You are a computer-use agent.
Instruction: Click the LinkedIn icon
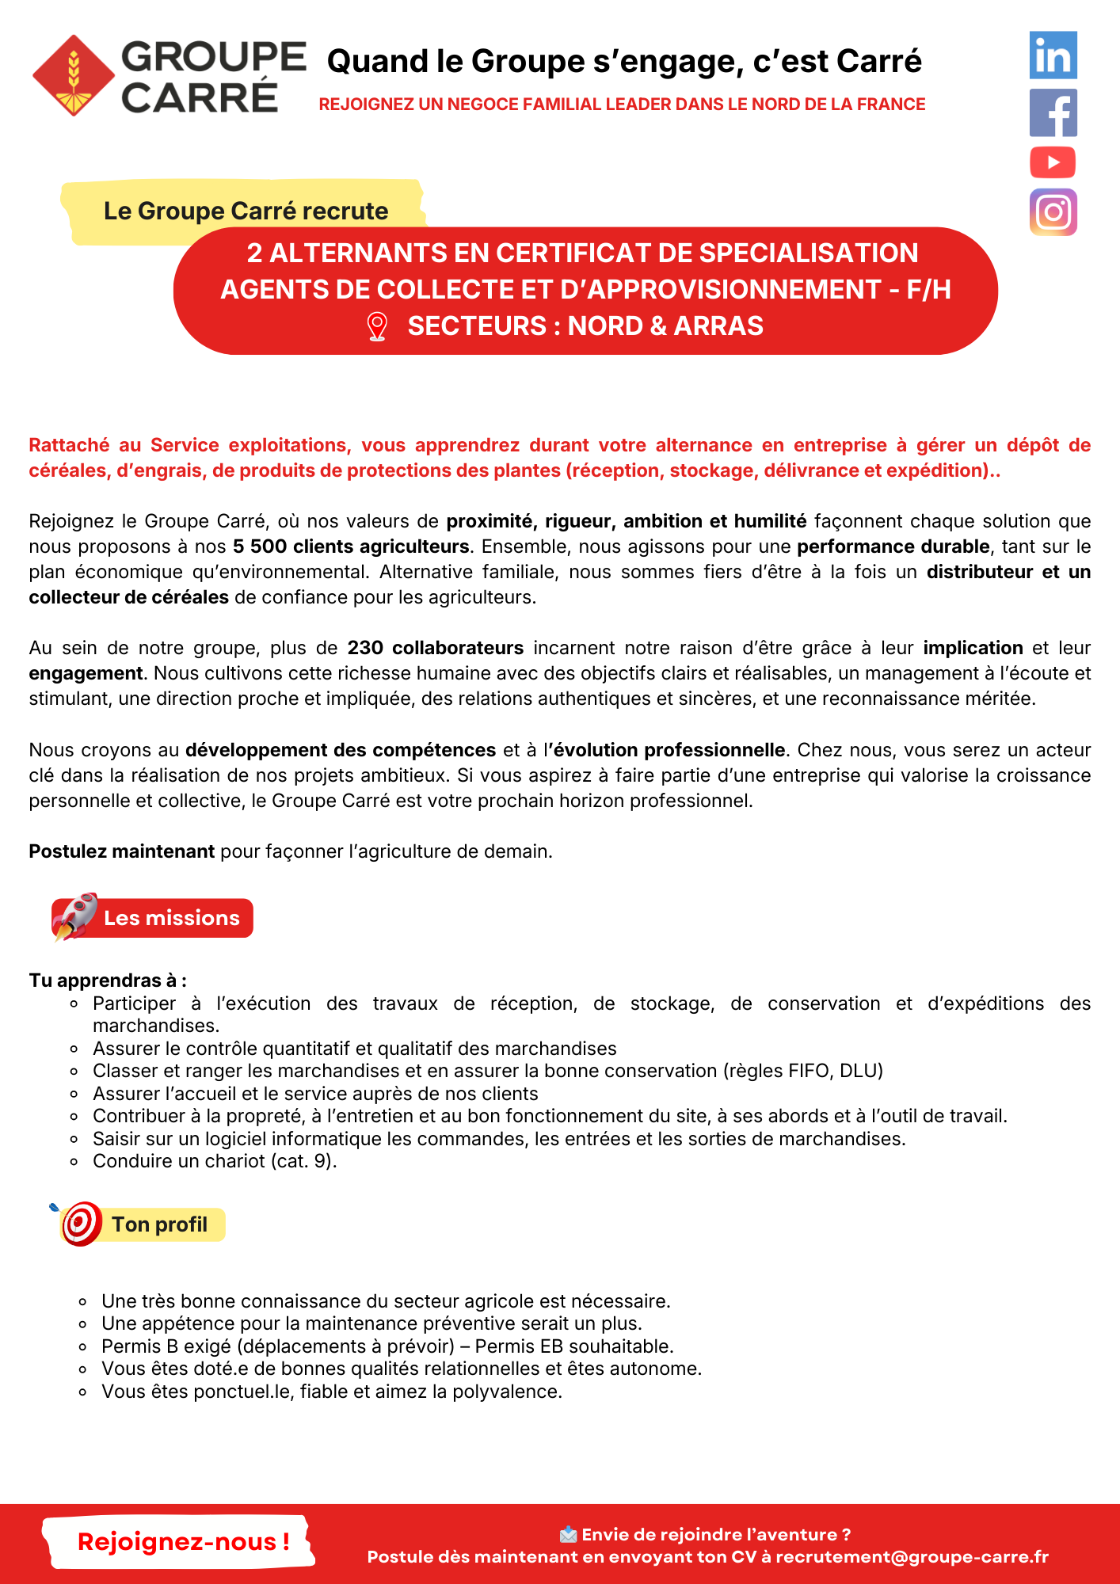1053,55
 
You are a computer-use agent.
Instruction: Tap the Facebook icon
1053,112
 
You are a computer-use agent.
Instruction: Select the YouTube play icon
1053,162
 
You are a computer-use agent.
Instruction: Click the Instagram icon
1053,212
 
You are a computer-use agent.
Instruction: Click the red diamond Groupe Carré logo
74,76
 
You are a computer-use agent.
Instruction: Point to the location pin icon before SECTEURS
378,326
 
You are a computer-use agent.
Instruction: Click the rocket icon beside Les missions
75,916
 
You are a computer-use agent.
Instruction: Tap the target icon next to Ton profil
81,1224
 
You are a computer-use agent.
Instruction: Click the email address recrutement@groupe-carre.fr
912,1557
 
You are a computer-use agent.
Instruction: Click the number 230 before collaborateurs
365,648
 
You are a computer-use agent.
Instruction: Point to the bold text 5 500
260,546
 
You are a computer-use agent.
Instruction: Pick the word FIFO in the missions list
810,1071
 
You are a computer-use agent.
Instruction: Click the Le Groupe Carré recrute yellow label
246,211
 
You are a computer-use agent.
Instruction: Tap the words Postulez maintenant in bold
122,851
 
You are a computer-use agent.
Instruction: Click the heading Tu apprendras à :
108,980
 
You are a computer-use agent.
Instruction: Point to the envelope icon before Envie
568,1535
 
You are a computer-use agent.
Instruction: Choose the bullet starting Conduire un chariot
215,1161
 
